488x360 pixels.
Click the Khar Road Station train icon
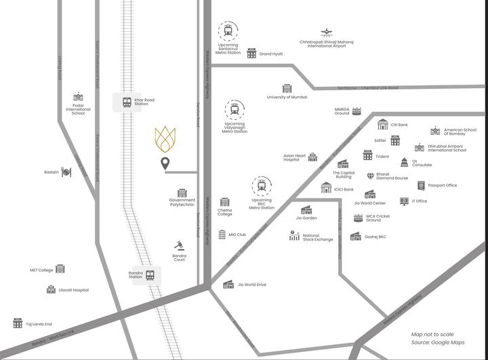[x=127, y=102]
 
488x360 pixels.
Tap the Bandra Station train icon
[x=149, y=275]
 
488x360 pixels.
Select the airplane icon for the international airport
[x=327, y=32]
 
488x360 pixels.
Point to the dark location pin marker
[x=165, y=163]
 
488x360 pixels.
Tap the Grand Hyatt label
[x=271, y=54]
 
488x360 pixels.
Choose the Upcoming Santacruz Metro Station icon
[x=228, y=31]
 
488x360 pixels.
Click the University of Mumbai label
[x=287, y=97]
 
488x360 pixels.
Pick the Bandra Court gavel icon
[x=180, y=245]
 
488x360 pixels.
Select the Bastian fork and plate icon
[x=66, y=172]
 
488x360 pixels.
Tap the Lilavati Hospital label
[x=74, y=290]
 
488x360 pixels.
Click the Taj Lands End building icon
[x=18, y=324]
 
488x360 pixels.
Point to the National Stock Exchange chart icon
[x=294, y=236]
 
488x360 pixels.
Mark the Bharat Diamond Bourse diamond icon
[x=370, y=176]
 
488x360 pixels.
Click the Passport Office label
[x=442, y=185]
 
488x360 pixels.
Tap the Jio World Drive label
[x=252, y=285]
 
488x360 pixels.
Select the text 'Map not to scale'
[x=432, y=334]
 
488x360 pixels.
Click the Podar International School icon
[x=78, y=97]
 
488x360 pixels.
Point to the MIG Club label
[x=237, y=235]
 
